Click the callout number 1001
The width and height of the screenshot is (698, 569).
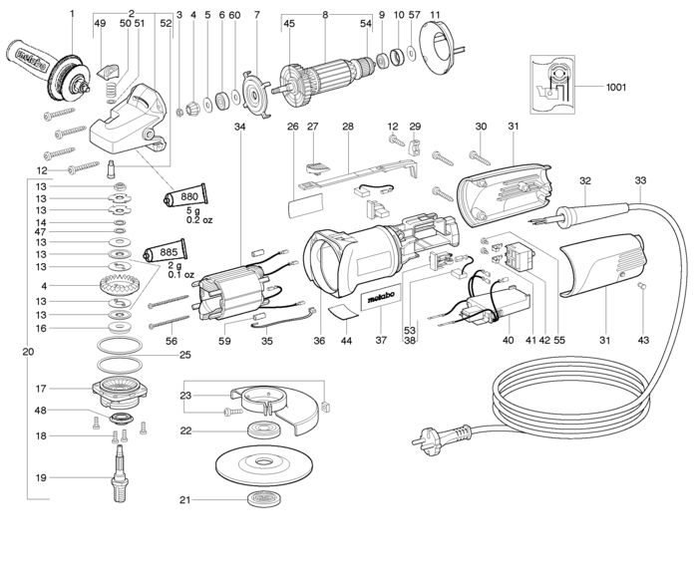[x=616, y=87]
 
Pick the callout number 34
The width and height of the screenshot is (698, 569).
[x=239, y=127]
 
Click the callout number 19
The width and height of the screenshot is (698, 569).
[x=41, y=478]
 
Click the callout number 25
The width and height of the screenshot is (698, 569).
[x=184, y=355]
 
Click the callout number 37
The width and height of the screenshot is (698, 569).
[x=379, y=340]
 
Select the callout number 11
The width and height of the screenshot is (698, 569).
[x=435, y=15]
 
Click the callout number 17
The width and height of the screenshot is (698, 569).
[x=41, y=389]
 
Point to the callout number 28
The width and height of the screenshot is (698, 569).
[x=347, y=127]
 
